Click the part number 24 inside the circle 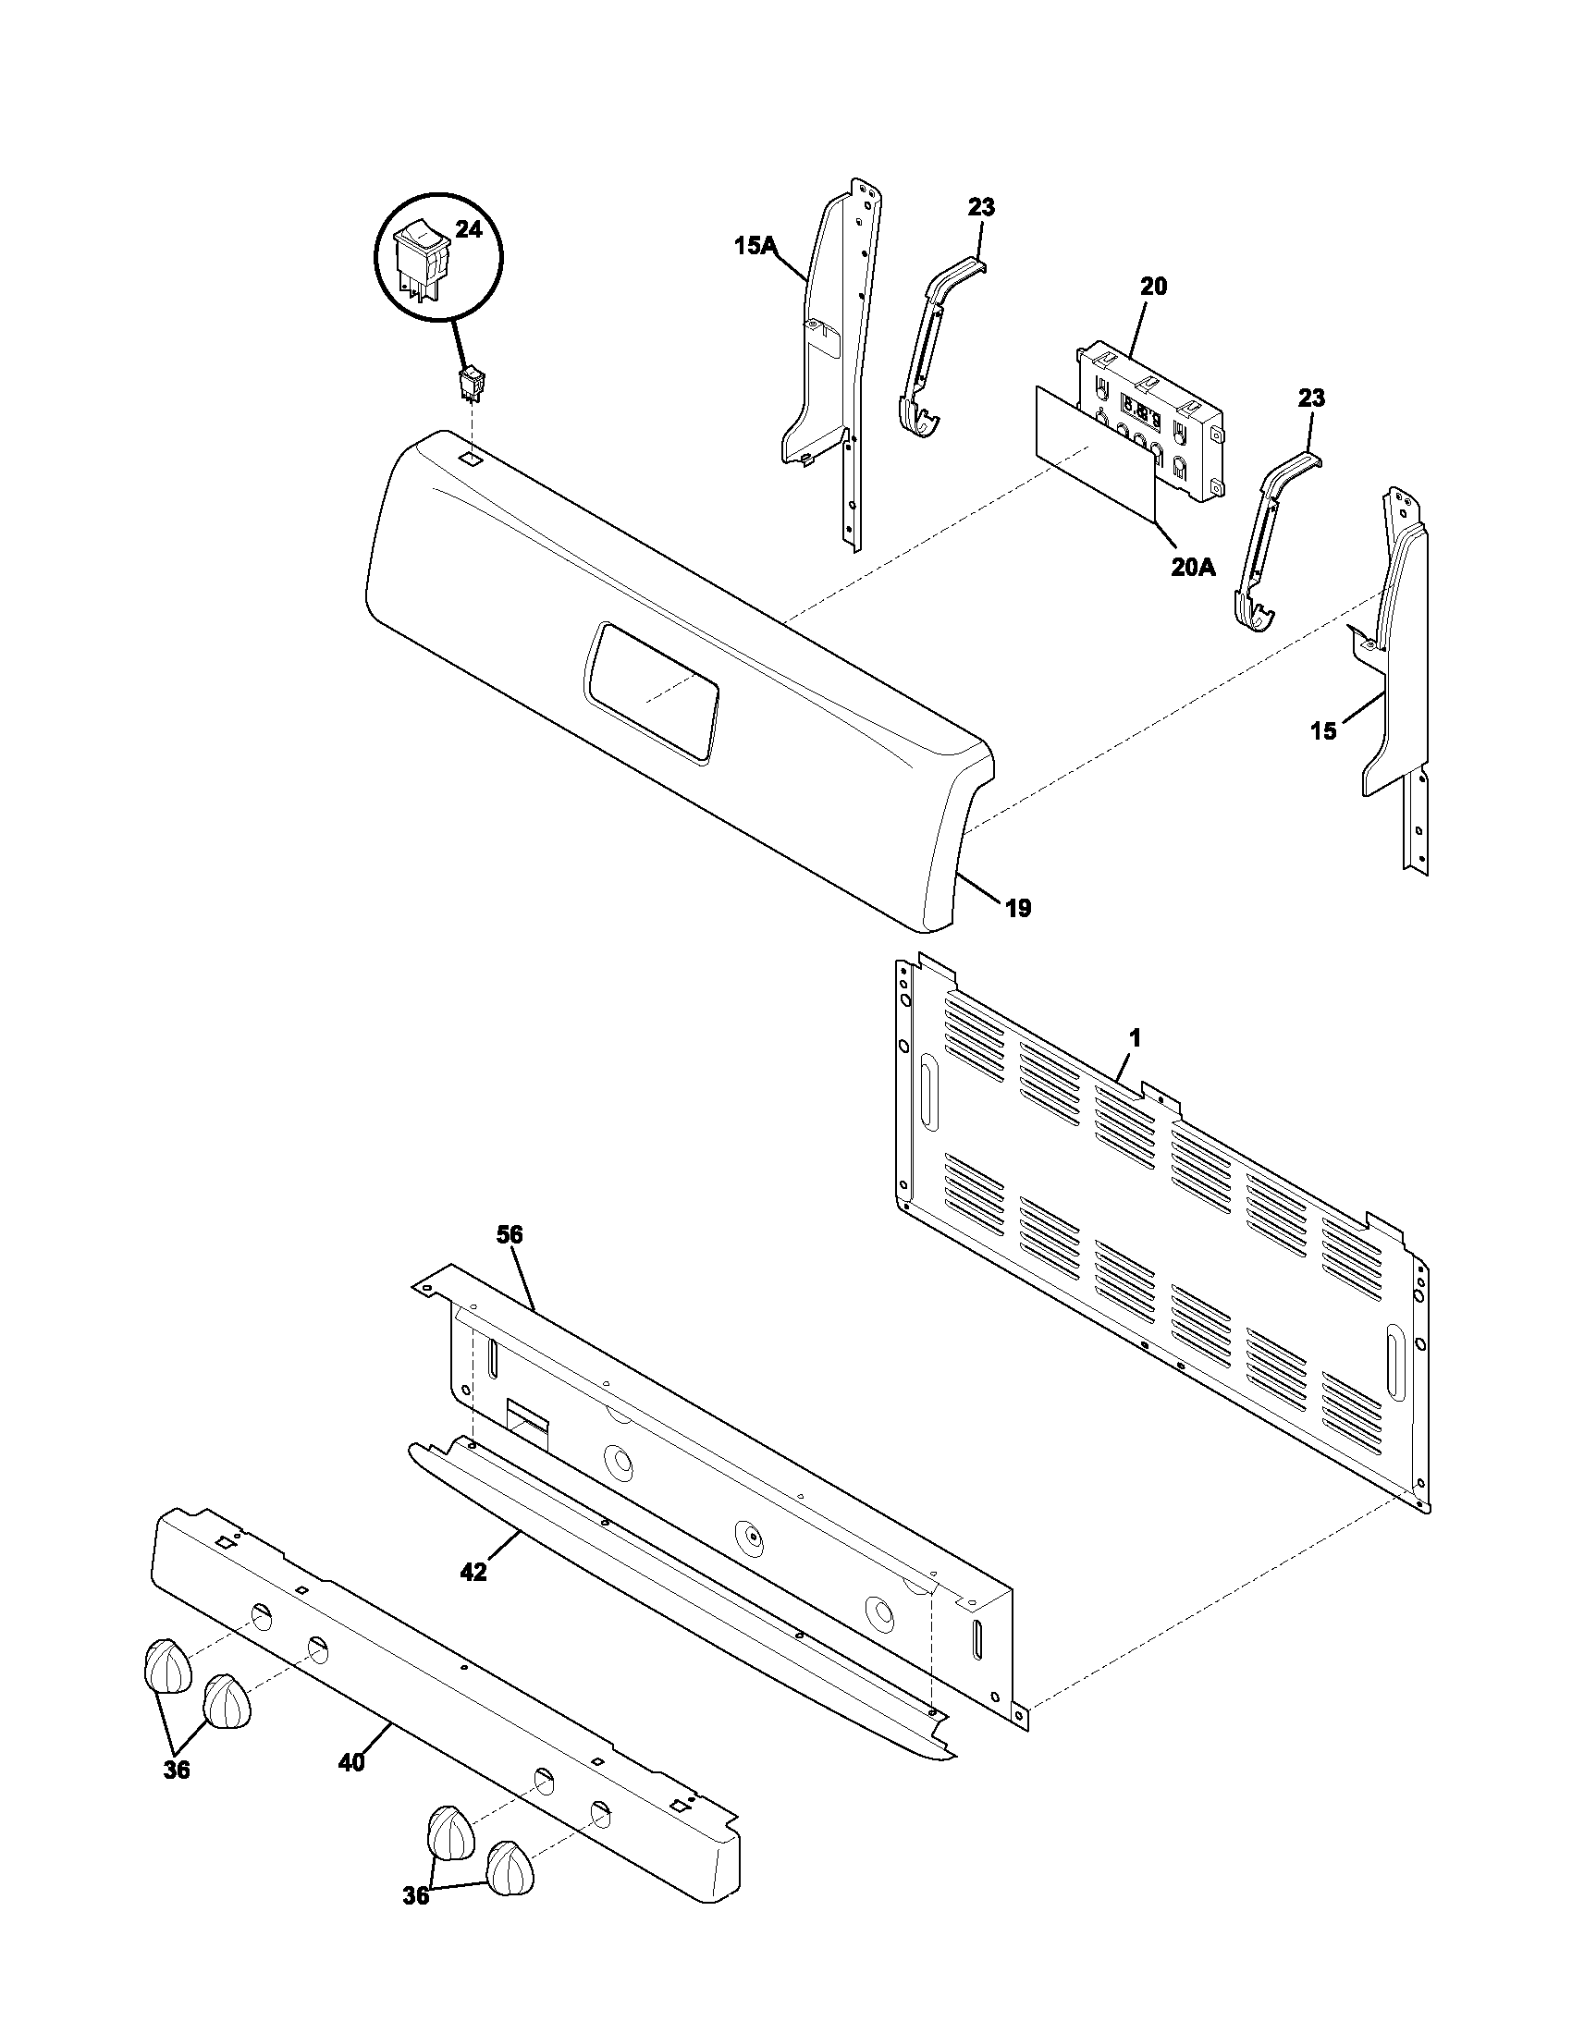pos(469,229)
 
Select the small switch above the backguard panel pos(473,383)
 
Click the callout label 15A pos(755,246)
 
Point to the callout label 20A pos(1193,567)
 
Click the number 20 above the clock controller pos(1153,287)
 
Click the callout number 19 pos(1018,908)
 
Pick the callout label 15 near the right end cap pos(1323,731)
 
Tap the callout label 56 pos(510,1235)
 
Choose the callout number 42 pos(473,1572)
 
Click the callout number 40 pos(351,1762)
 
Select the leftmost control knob pos(166,1666)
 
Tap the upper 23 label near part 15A pos(980,207)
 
